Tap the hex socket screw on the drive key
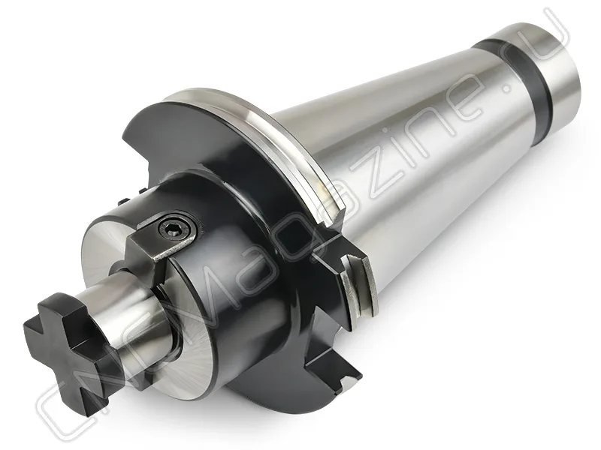pyautogui.click(x=175, y=229)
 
